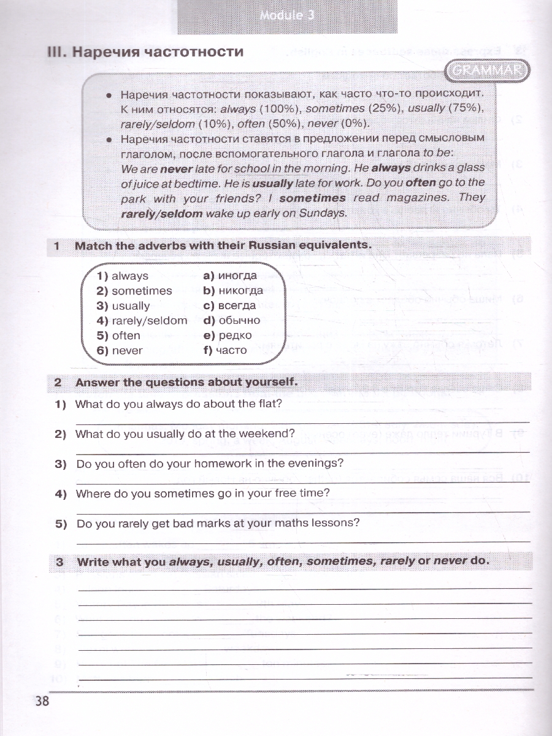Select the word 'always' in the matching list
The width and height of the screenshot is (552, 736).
pos(129,276)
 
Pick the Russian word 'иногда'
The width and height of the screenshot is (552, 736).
pos(237,276)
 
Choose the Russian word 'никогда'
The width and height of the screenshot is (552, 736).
pos(241,291)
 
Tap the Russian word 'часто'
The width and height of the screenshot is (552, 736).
pos(231,351)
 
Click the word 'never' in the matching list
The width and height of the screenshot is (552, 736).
pos(127,351)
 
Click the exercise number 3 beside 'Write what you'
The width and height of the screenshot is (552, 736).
pos(59,561)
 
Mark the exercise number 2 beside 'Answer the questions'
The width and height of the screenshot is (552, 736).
pos(58,382)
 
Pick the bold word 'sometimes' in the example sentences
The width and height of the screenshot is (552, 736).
pos(312,198)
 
